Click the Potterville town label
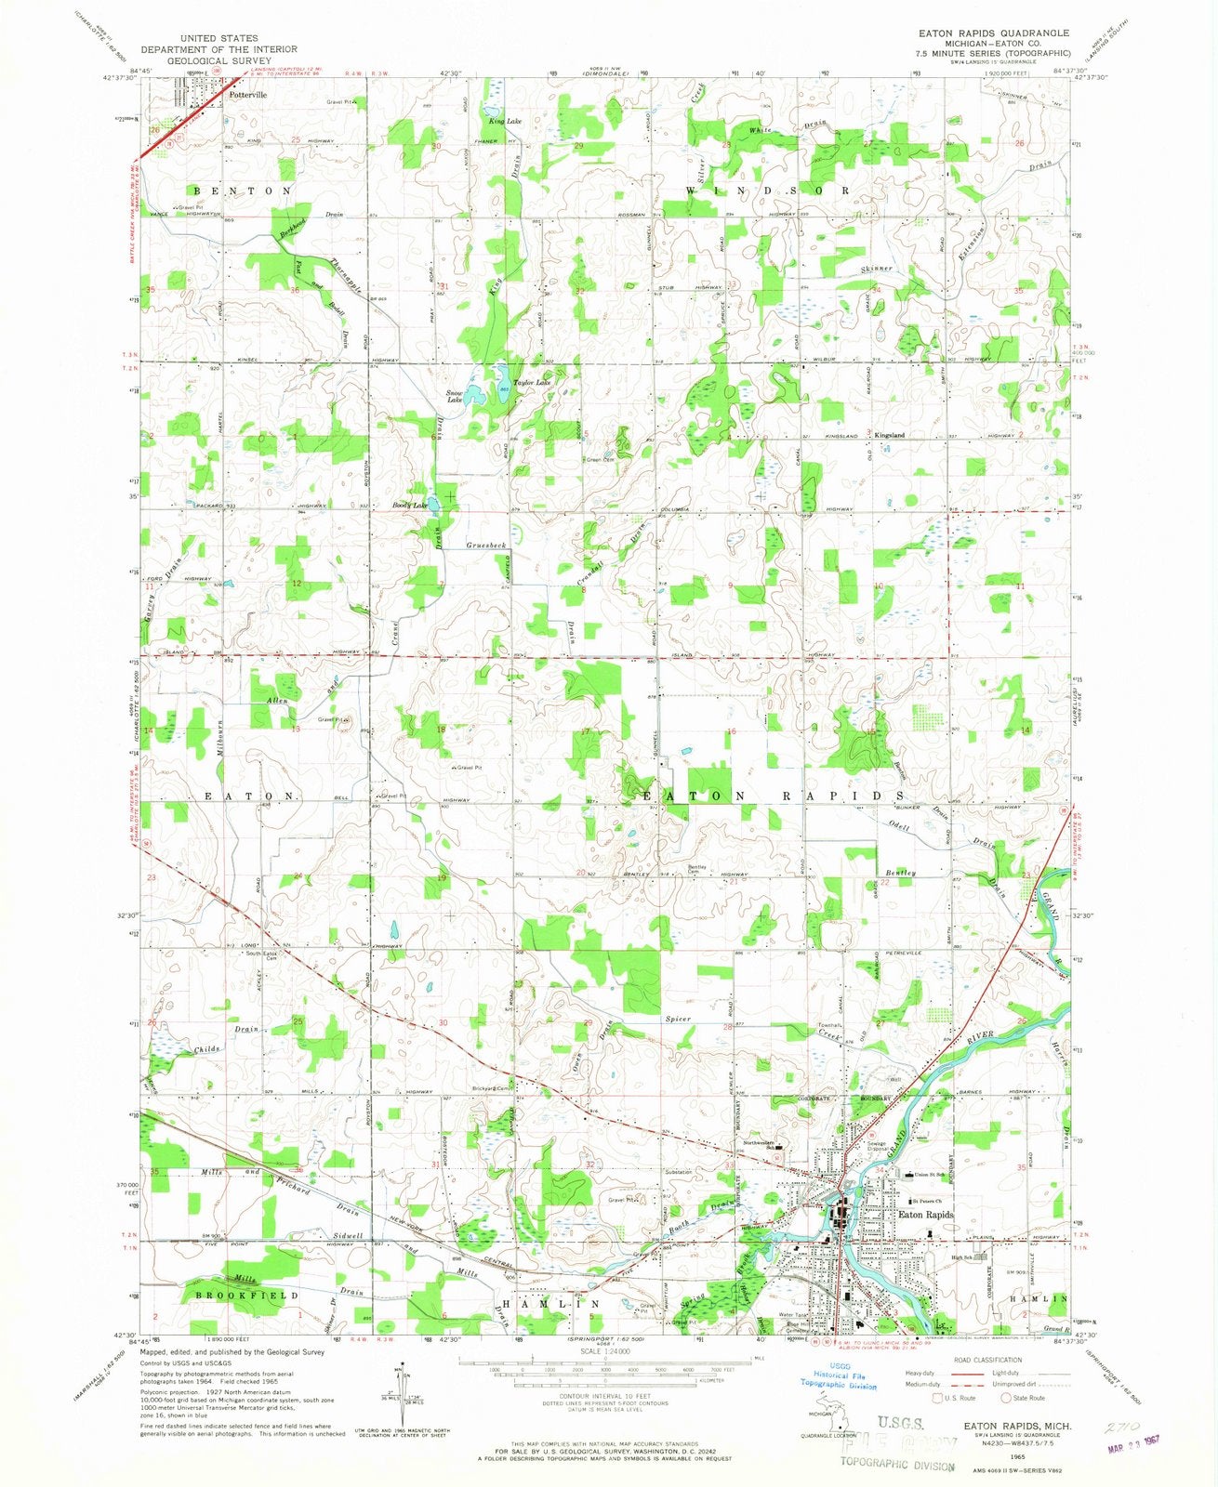[247, 95]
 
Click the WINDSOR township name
[768, 190]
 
